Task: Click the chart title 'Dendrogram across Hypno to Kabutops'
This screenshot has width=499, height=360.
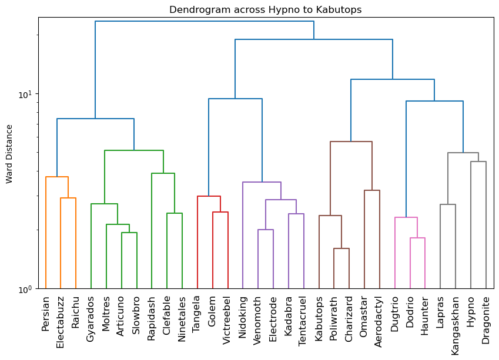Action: coord(265,10)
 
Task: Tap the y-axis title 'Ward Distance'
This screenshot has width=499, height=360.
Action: coord(9,153)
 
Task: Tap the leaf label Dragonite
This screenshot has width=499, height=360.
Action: coord(486,317)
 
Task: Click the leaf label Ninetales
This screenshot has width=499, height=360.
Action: coord(182,317)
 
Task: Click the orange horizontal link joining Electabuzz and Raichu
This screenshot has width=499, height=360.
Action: coord(68,198)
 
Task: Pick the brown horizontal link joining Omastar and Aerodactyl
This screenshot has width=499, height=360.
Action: coord(372,190)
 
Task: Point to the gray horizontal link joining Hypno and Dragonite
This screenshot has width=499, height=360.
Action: coord(478,162)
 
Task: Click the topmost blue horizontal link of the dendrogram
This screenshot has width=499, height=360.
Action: coord(205,21)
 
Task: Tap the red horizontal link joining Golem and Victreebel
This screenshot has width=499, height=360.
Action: coord(220,212)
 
